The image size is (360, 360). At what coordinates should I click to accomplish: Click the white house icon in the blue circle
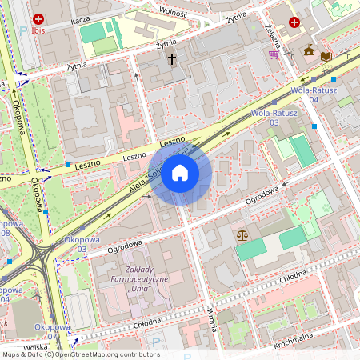pos(180,173)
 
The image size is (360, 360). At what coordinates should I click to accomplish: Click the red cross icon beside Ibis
pos(38,18)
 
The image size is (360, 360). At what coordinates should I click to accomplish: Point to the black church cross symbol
pos(171,59)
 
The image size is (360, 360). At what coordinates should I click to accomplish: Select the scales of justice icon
pos(243,235)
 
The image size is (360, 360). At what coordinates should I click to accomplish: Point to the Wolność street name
pos(173,12)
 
